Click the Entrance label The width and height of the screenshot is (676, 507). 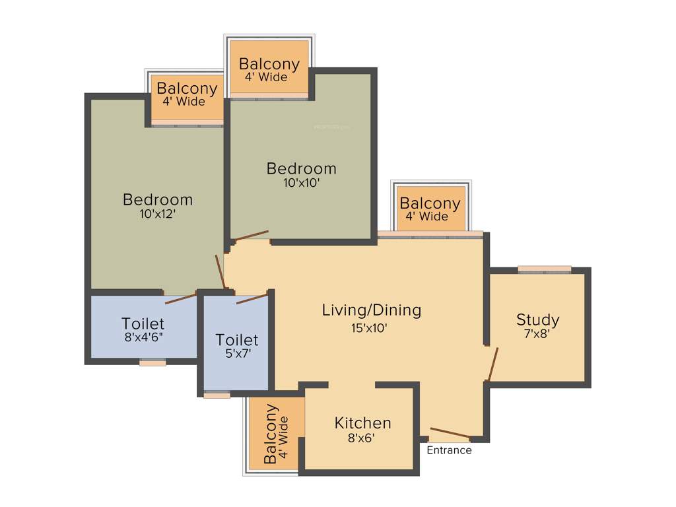(x=449, y=450)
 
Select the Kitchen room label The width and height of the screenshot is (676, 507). (x=362, y=422)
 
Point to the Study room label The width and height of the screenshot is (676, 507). (x=537, y=320)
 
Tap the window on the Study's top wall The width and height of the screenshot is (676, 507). (x=544, y=269)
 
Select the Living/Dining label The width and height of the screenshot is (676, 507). (x=371, y=310)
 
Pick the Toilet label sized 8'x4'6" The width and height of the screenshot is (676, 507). (x=143, y=323)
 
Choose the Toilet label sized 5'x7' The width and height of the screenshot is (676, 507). (x=237, y=340)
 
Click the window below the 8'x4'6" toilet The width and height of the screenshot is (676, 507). (x=152, y=362)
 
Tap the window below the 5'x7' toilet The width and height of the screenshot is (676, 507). (x=217, y=395)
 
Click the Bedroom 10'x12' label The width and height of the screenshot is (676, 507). (x=158, y=199)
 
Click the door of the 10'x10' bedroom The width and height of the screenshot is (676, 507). (x=252, y=236)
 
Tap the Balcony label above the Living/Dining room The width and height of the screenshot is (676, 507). (x=430, y=203)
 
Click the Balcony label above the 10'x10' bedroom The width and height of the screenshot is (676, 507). (x=269, y=64)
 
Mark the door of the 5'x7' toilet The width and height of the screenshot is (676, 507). (x=252, y=299)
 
